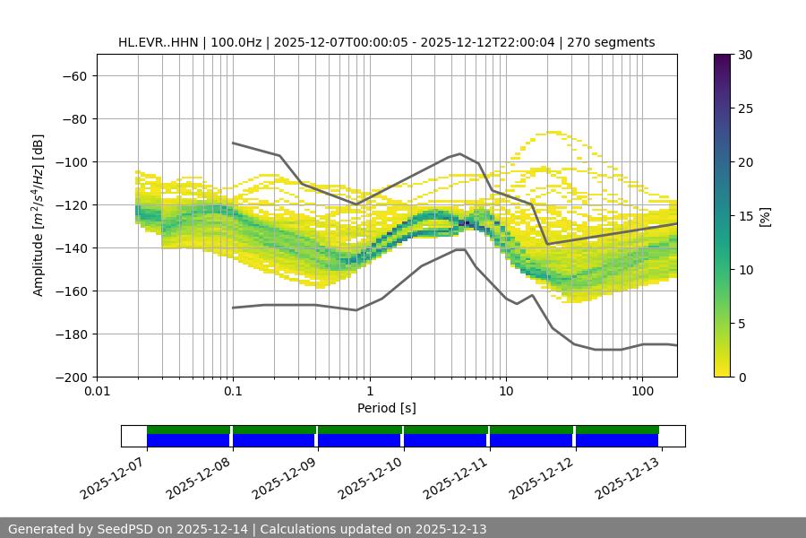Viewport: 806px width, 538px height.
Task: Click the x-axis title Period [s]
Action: click(x=386, y=408)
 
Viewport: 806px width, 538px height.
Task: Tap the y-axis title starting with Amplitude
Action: click(x=39, y=215)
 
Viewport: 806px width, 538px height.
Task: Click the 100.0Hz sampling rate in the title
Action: click(x=237, y=42)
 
